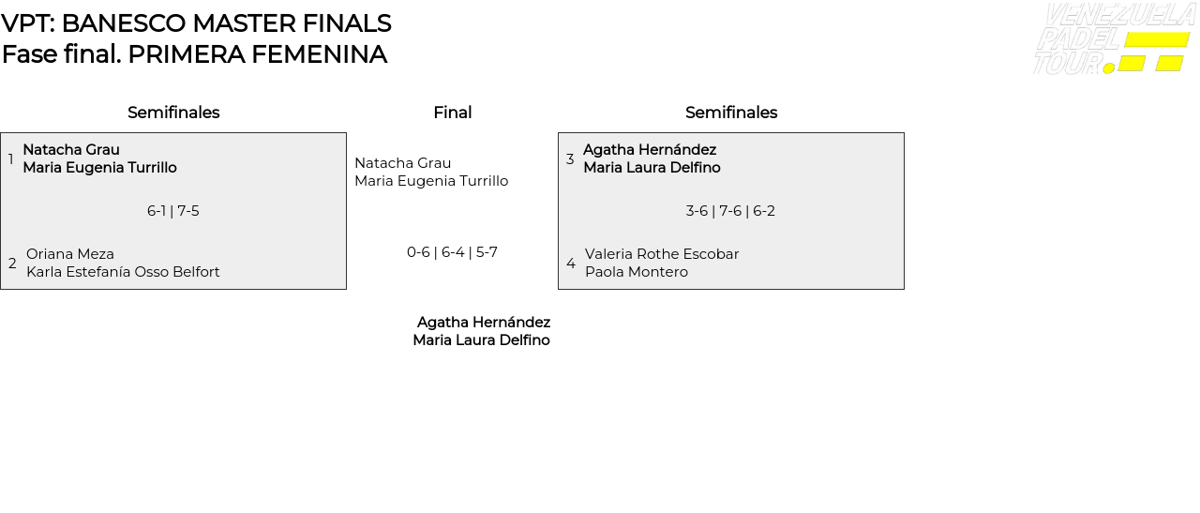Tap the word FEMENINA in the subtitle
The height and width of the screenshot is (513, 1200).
[319, 54]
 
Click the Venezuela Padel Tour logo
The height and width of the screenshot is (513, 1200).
[1115, 38]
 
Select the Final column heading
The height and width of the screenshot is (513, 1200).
[453, 113]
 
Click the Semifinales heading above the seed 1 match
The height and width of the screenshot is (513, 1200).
[173, 113]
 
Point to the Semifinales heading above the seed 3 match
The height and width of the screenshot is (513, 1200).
[731, 113]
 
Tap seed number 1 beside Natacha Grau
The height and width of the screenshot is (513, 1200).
[10, 159]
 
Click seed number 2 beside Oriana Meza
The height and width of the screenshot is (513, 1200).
[12, 264]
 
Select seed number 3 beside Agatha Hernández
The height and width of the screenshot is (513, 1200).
[570, 159]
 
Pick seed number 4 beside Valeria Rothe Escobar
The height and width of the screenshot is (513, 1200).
[571, 264]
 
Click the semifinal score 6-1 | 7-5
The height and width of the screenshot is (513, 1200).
[173, 211]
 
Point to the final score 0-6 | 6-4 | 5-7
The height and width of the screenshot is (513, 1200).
[452, 252]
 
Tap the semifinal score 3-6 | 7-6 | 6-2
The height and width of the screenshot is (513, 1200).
[730, 211]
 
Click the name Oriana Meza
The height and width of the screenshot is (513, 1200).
[70, 254]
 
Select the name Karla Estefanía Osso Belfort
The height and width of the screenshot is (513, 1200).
[123, 272]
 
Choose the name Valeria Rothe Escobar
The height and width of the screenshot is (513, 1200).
[662, 254]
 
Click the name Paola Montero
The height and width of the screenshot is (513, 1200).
[637, 272]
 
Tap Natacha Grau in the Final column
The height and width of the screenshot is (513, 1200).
[403, 163]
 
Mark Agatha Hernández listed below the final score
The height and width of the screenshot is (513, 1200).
[484, 323]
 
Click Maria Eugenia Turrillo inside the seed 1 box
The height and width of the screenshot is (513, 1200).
[99, 168]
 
